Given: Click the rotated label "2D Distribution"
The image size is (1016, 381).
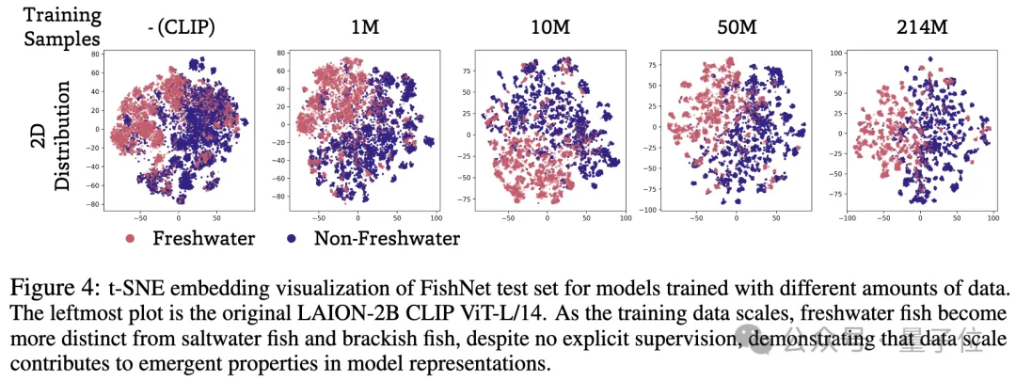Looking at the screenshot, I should (63, 136).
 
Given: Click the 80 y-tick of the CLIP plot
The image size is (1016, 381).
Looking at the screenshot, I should (94, 56).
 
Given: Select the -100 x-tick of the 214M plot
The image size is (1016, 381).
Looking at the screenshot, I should (848, 219).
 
